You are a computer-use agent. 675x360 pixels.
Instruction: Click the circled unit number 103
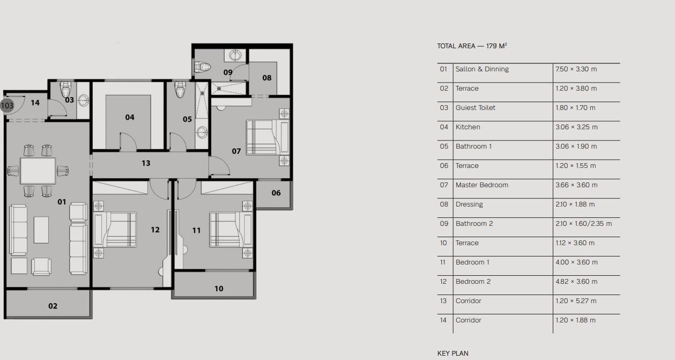click(x=7, y=106)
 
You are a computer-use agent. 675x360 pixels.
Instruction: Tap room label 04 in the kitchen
click(x=130, y=117)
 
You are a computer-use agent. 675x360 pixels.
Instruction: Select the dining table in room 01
click(x=38, y=171)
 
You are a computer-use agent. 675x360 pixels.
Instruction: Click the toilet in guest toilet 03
click(x=65, y=89)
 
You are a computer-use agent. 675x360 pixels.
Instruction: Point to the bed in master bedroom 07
click(x=268, y=137)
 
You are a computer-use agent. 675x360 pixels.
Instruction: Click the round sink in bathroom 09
click(x=235, y=56)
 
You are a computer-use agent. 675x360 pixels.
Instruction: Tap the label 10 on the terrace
click(x=219, y=289)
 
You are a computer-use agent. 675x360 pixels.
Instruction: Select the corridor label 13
click(x=146, y=163)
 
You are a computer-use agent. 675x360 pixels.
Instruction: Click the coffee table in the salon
click(x=41, y=230)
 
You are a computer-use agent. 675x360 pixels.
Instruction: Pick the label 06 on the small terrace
click(x=276, y=193)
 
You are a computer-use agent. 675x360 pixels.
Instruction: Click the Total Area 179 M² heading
click(x=472, y=46)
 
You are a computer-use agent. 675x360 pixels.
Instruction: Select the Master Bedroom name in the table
click(x=481, y=185)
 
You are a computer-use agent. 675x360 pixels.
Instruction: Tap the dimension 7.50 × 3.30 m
click(x=576, y=69)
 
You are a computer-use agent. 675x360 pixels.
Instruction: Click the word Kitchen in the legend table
click(x=468, y=127)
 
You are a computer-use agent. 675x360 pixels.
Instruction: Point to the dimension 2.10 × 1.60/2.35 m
click(x=584, y=224)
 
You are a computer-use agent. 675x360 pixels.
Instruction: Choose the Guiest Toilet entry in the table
click(x=475, y=108)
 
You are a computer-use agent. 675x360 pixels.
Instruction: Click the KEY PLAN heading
click(x=453, y=354)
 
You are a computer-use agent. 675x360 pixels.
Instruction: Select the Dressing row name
click(x=469, y=204)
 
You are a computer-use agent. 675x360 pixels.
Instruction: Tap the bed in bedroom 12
click(x=115, y=230)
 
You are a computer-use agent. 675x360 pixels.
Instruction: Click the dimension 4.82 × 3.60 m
click(x=576, y=282)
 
